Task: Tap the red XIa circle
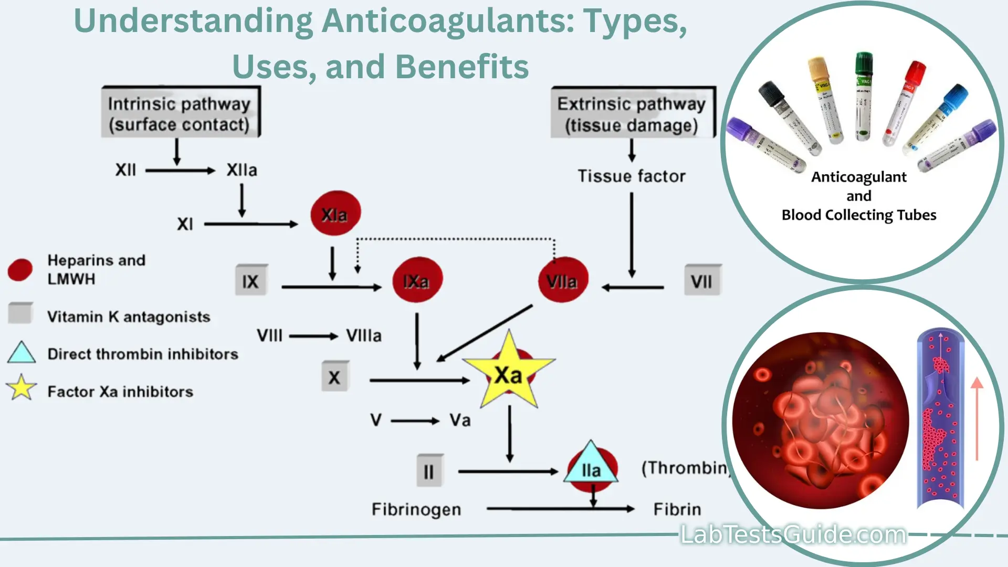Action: pos(335,214)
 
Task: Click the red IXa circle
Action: pos(417,280)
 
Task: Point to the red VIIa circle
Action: pos(563,280)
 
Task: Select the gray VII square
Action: pos(702,280)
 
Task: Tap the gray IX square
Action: pos(250,280)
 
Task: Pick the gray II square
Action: pos(429,470)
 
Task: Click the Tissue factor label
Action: pos(632,176)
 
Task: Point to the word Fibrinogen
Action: pos(416,509)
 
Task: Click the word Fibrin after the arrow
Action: pos(677,509)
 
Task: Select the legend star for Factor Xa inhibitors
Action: pos(21,388)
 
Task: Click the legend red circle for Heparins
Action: pos(20,270)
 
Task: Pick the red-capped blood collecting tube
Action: pos(904,102)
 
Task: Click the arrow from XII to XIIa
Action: pos(180,171)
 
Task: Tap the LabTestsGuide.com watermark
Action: pos(793,535)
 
